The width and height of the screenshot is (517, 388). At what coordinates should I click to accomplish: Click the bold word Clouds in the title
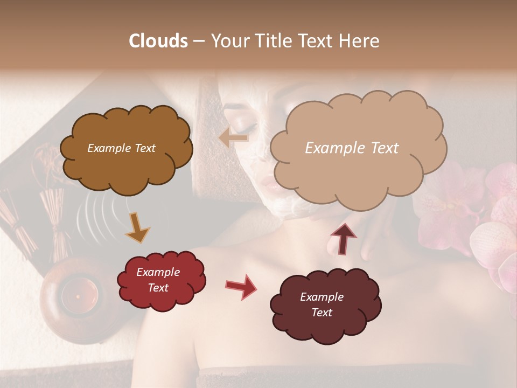(x=158, y=41)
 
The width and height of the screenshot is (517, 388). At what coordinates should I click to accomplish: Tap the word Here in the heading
(x=360, y=41)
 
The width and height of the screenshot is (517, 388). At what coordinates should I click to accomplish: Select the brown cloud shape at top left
(x=125, y=148)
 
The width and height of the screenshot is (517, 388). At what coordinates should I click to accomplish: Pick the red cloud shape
(x=160, y=280)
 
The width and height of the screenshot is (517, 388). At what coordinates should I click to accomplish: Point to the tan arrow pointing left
(x=234, y=138)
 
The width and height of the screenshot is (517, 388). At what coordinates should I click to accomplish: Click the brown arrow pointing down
(x=137, y=228)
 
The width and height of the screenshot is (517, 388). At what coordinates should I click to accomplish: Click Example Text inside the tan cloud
(x=352, y=148)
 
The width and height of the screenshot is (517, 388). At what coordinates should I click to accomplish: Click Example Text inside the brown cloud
(x=121, y=148)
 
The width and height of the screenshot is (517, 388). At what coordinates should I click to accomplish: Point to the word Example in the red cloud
(x=158, y=272)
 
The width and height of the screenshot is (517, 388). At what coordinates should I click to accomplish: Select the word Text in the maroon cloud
(x=322, y=313)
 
